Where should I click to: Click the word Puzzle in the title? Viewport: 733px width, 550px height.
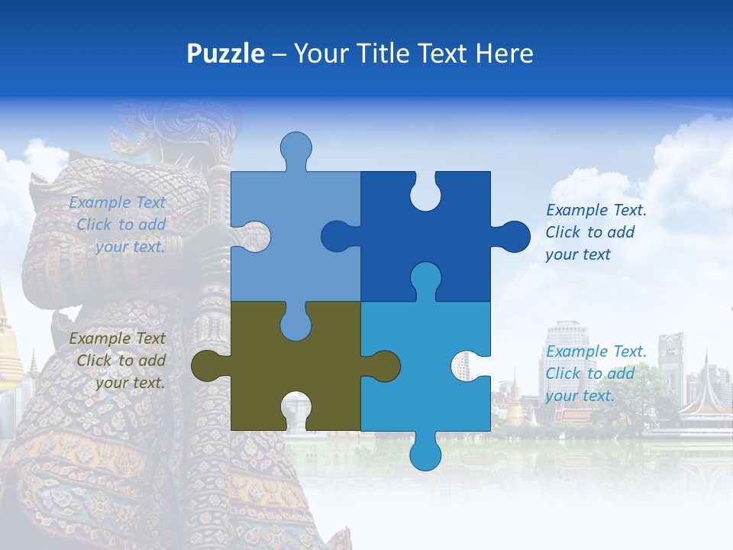[x=225, y=53]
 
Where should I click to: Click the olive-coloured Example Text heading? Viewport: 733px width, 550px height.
[x=117, y=338]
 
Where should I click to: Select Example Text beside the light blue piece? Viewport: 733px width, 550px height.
[x=117, y=202]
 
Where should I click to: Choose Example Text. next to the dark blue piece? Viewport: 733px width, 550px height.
[x=596, y=211]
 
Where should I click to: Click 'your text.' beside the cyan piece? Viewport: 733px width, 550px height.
[x=580, y=396]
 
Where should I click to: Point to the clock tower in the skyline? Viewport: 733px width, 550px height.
[x=671, y=359]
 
